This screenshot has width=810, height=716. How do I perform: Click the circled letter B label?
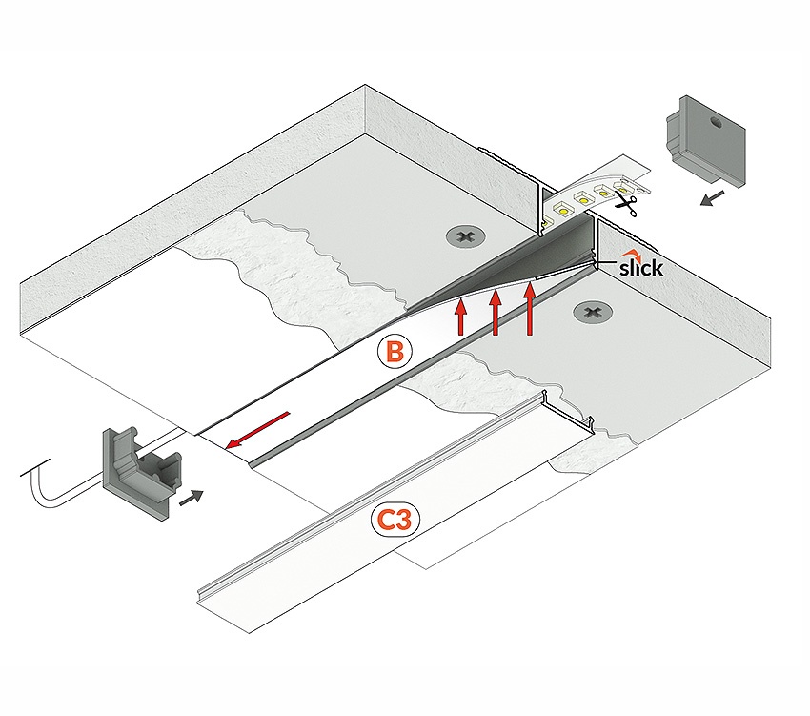coord(395,351)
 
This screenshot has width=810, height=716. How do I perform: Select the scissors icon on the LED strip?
coord(626,201)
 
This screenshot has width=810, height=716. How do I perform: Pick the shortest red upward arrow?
coord(461,317)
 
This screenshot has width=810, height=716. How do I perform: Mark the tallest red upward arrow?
coord(530,307)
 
